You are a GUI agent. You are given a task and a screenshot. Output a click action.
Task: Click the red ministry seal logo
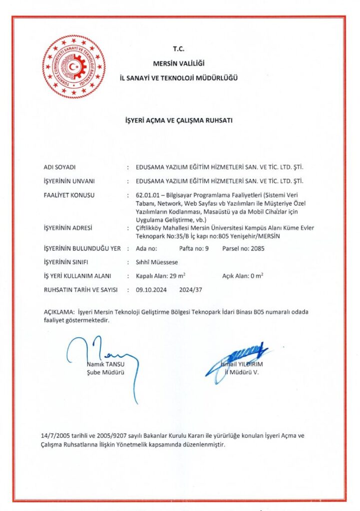[x=73, y=66]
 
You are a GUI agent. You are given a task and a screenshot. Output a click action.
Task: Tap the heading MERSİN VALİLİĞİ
[x=179, y=63]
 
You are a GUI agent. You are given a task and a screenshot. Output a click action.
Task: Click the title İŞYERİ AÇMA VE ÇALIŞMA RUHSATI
[x=178, y=120]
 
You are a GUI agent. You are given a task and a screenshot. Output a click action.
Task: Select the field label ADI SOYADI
[x=59, y=167]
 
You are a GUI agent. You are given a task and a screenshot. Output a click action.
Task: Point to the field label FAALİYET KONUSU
[x=69, y=195]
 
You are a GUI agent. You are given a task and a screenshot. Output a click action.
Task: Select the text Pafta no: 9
[x=193, y=248]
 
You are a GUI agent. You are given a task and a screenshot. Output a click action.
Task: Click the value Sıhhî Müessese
[x=157, y=261]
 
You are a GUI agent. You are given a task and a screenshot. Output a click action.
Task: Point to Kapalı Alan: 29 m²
[x=160, y=275]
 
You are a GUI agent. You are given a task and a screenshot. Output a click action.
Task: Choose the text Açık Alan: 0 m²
[x=243, y=275]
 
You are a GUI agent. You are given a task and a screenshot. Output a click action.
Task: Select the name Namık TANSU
[x=105, y=364]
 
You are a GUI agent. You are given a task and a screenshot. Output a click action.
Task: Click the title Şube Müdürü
[x=105, y=372]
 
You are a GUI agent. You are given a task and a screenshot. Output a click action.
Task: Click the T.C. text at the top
[x=179, y=49]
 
